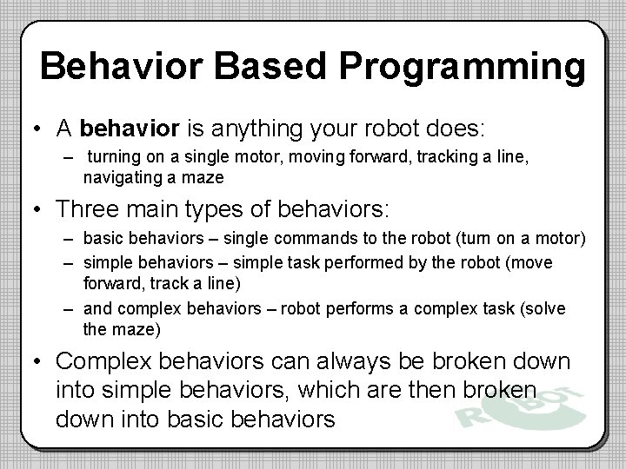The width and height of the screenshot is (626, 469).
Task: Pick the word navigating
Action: point(119,178)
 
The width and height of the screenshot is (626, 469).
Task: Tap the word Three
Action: point(87,209)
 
